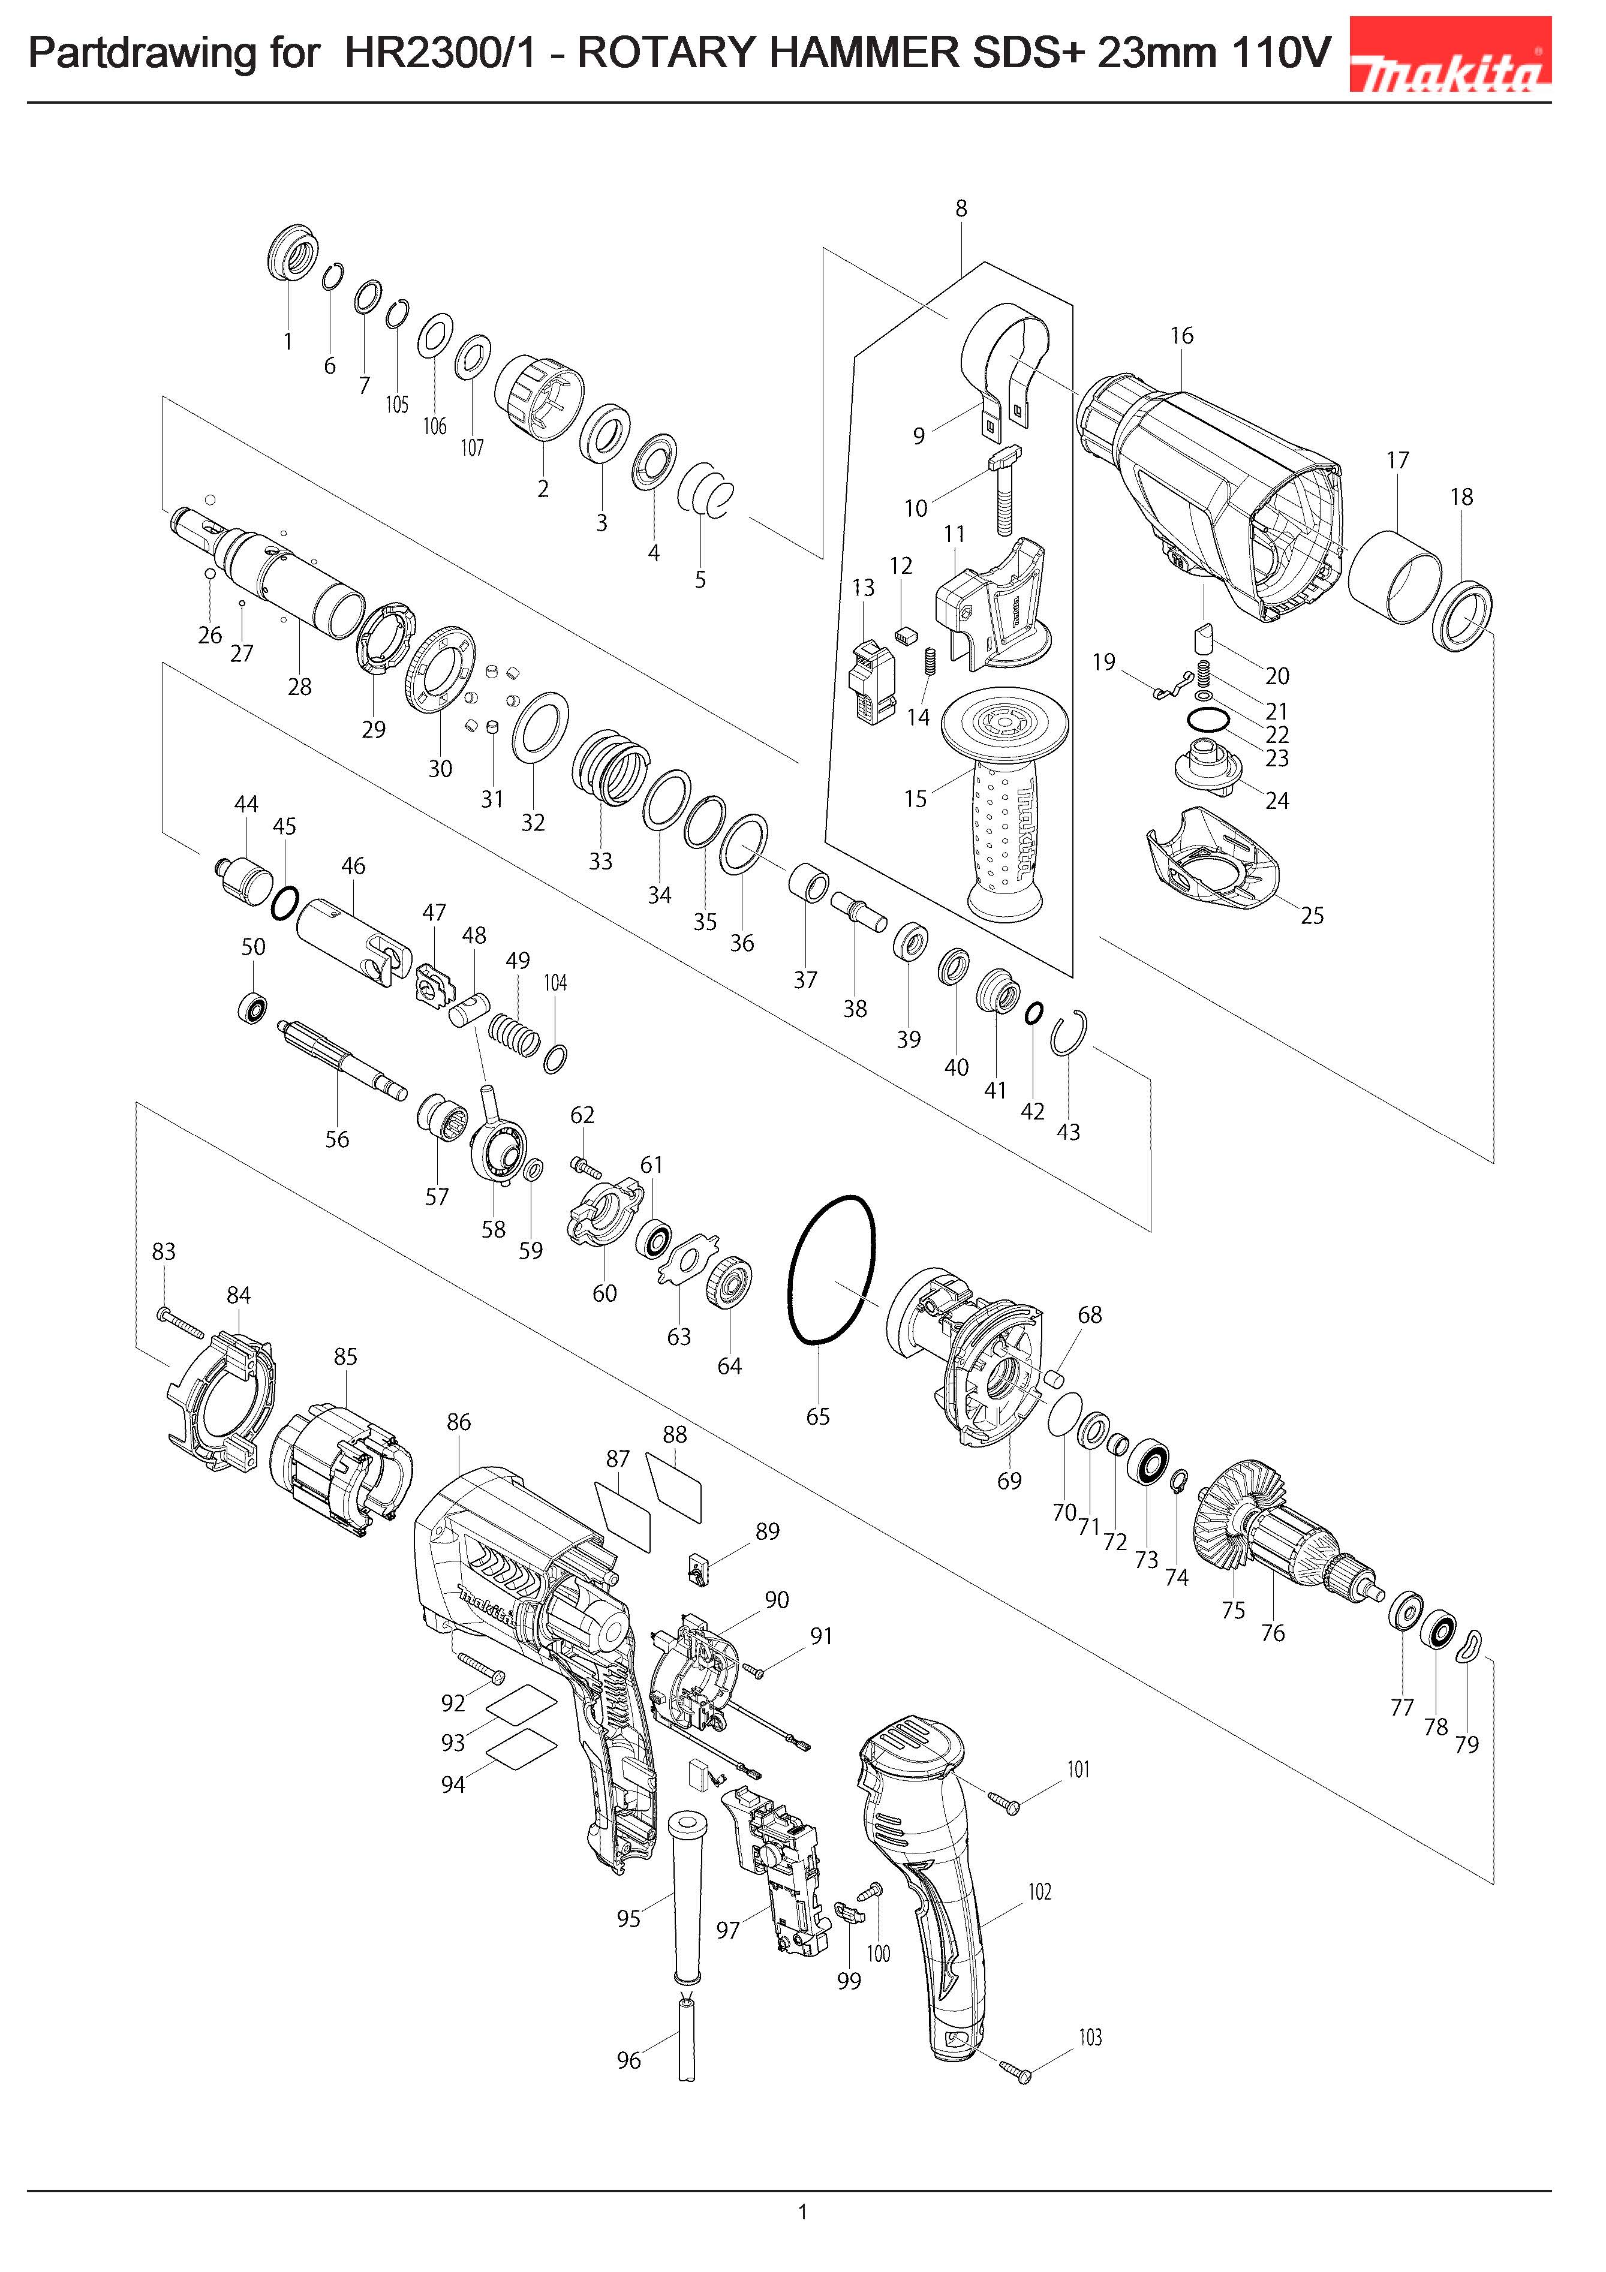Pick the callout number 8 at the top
point(961,209)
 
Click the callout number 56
point(338,1139)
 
